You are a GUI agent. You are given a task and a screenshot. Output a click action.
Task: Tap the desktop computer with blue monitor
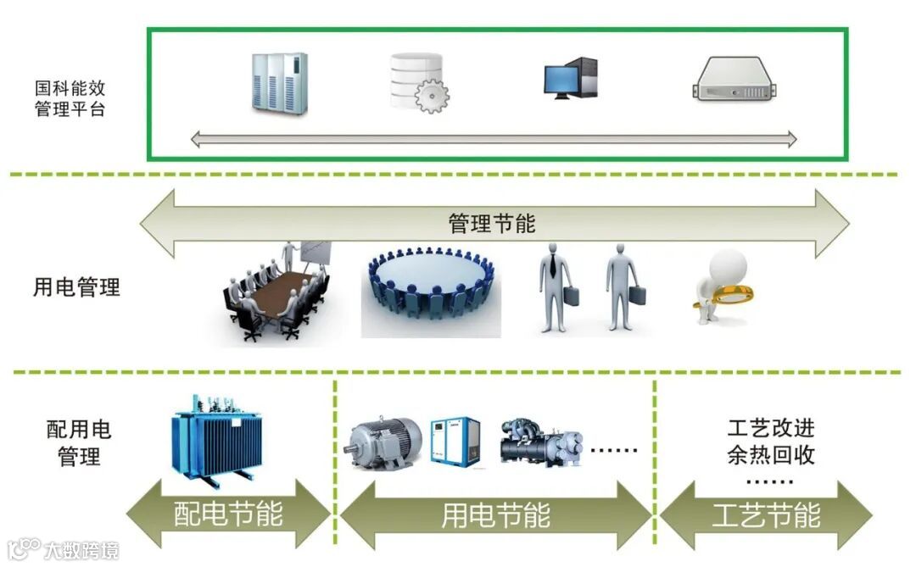pyautogui.click(x=570, y=79)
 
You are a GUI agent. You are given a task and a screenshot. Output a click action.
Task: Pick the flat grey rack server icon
pyautogui.click(x=734, y=81)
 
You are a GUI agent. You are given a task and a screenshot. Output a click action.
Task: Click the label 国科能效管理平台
pyautogui.click(x=70, y=98)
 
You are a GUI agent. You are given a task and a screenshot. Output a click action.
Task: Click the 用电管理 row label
pyautogui.click(x=77, y=287)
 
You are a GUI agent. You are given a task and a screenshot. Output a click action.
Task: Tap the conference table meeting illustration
pyautogui.click(x=276, y=292)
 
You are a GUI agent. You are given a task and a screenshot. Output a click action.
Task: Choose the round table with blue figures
pyautogui.click(x=431, y=283)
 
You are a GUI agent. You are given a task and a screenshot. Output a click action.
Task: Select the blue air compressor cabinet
pyautogui.click(x=455, y=441)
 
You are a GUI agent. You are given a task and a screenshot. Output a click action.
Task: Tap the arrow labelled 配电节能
pyautogui.click(x=228, y=514)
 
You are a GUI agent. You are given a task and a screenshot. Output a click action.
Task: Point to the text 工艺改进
pyautogui.click(x=771, y=427)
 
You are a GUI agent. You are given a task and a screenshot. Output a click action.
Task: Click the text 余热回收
pyautogui.click(x=771, y=455)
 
